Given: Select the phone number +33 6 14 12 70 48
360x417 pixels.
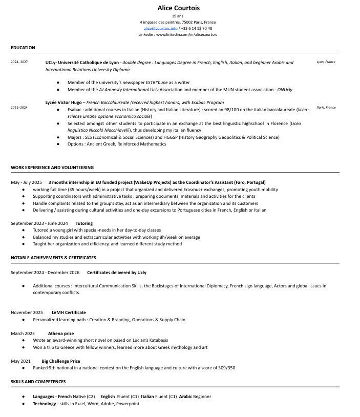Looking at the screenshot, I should coord(197,29).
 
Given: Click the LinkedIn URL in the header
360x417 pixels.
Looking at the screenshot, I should coord(186,34).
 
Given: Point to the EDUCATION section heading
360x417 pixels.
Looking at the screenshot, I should coord(23,48).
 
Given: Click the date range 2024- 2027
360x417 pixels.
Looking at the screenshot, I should coord(19,62).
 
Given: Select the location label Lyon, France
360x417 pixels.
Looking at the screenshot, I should coord(326,62).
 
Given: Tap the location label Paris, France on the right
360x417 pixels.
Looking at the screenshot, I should coord(326,108).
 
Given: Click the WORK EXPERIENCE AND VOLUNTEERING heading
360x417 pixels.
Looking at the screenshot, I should coord(52,168).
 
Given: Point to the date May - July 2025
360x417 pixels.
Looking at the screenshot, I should coord(26,182).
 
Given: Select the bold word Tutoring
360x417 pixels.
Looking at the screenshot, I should coord(84,223).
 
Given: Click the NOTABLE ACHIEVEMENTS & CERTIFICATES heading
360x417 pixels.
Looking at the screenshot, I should coord(53,258).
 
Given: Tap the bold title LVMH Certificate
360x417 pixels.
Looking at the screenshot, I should coord(69,312).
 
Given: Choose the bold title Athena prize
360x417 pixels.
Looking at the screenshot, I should coord(61,333).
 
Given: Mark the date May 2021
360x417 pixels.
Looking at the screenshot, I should coord(20,361).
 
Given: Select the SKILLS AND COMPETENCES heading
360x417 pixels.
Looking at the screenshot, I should coord(38,382).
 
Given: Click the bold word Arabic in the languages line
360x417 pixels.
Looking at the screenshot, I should coord(185,397).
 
